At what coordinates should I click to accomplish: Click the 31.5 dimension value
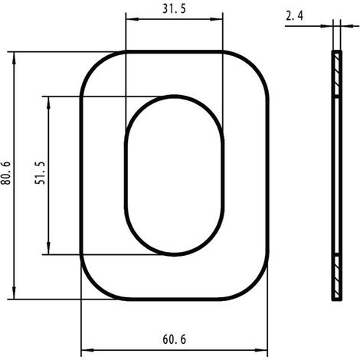[174, 9]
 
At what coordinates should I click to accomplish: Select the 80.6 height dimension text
[5, 173]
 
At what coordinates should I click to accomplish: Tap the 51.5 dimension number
[40, 173]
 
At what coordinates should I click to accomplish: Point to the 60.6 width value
[175, 339]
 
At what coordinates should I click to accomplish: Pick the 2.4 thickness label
[294, 16]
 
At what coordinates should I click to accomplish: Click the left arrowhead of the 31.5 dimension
[133, 19]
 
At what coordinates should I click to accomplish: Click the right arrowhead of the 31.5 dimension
[216, 19]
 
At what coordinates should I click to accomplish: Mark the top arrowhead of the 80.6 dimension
[14, 58]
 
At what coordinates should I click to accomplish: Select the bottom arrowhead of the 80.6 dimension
[14, 293]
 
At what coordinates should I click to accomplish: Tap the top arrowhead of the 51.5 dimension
[48, 103]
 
